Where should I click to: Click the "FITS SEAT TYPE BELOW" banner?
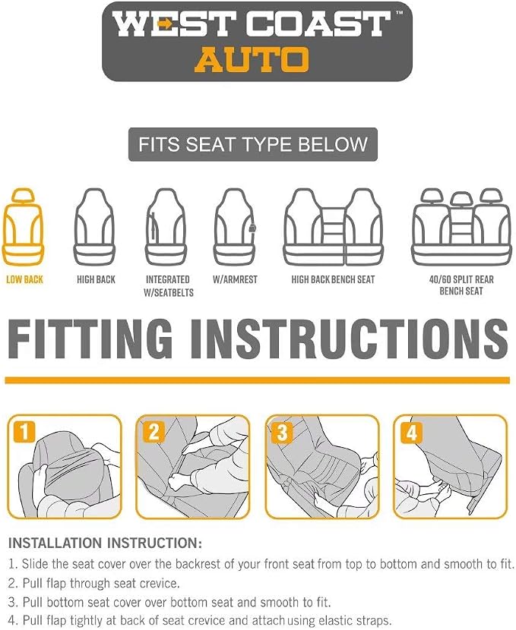coord(253,144)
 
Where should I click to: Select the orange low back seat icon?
coord(24,227)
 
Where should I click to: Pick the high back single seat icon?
coord(94,227)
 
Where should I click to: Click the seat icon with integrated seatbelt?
coord(166,227)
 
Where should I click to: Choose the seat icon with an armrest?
coord(235,227)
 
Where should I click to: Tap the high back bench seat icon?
coord(333,227)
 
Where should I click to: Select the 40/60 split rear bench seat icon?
coord(461,227)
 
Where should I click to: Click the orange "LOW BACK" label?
coord(24,279)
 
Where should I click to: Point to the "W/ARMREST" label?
coord(235,279)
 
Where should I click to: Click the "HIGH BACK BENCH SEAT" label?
coord(333,279)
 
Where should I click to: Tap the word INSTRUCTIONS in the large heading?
coord(350,339)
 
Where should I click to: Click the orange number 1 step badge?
coord(24,432)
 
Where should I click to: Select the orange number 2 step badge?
coord(154,432)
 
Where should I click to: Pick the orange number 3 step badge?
coord(283,433)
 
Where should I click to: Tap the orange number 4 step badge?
coord(411,433)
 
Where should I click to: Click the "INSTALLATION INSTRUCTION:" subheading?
coord(105,543)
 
